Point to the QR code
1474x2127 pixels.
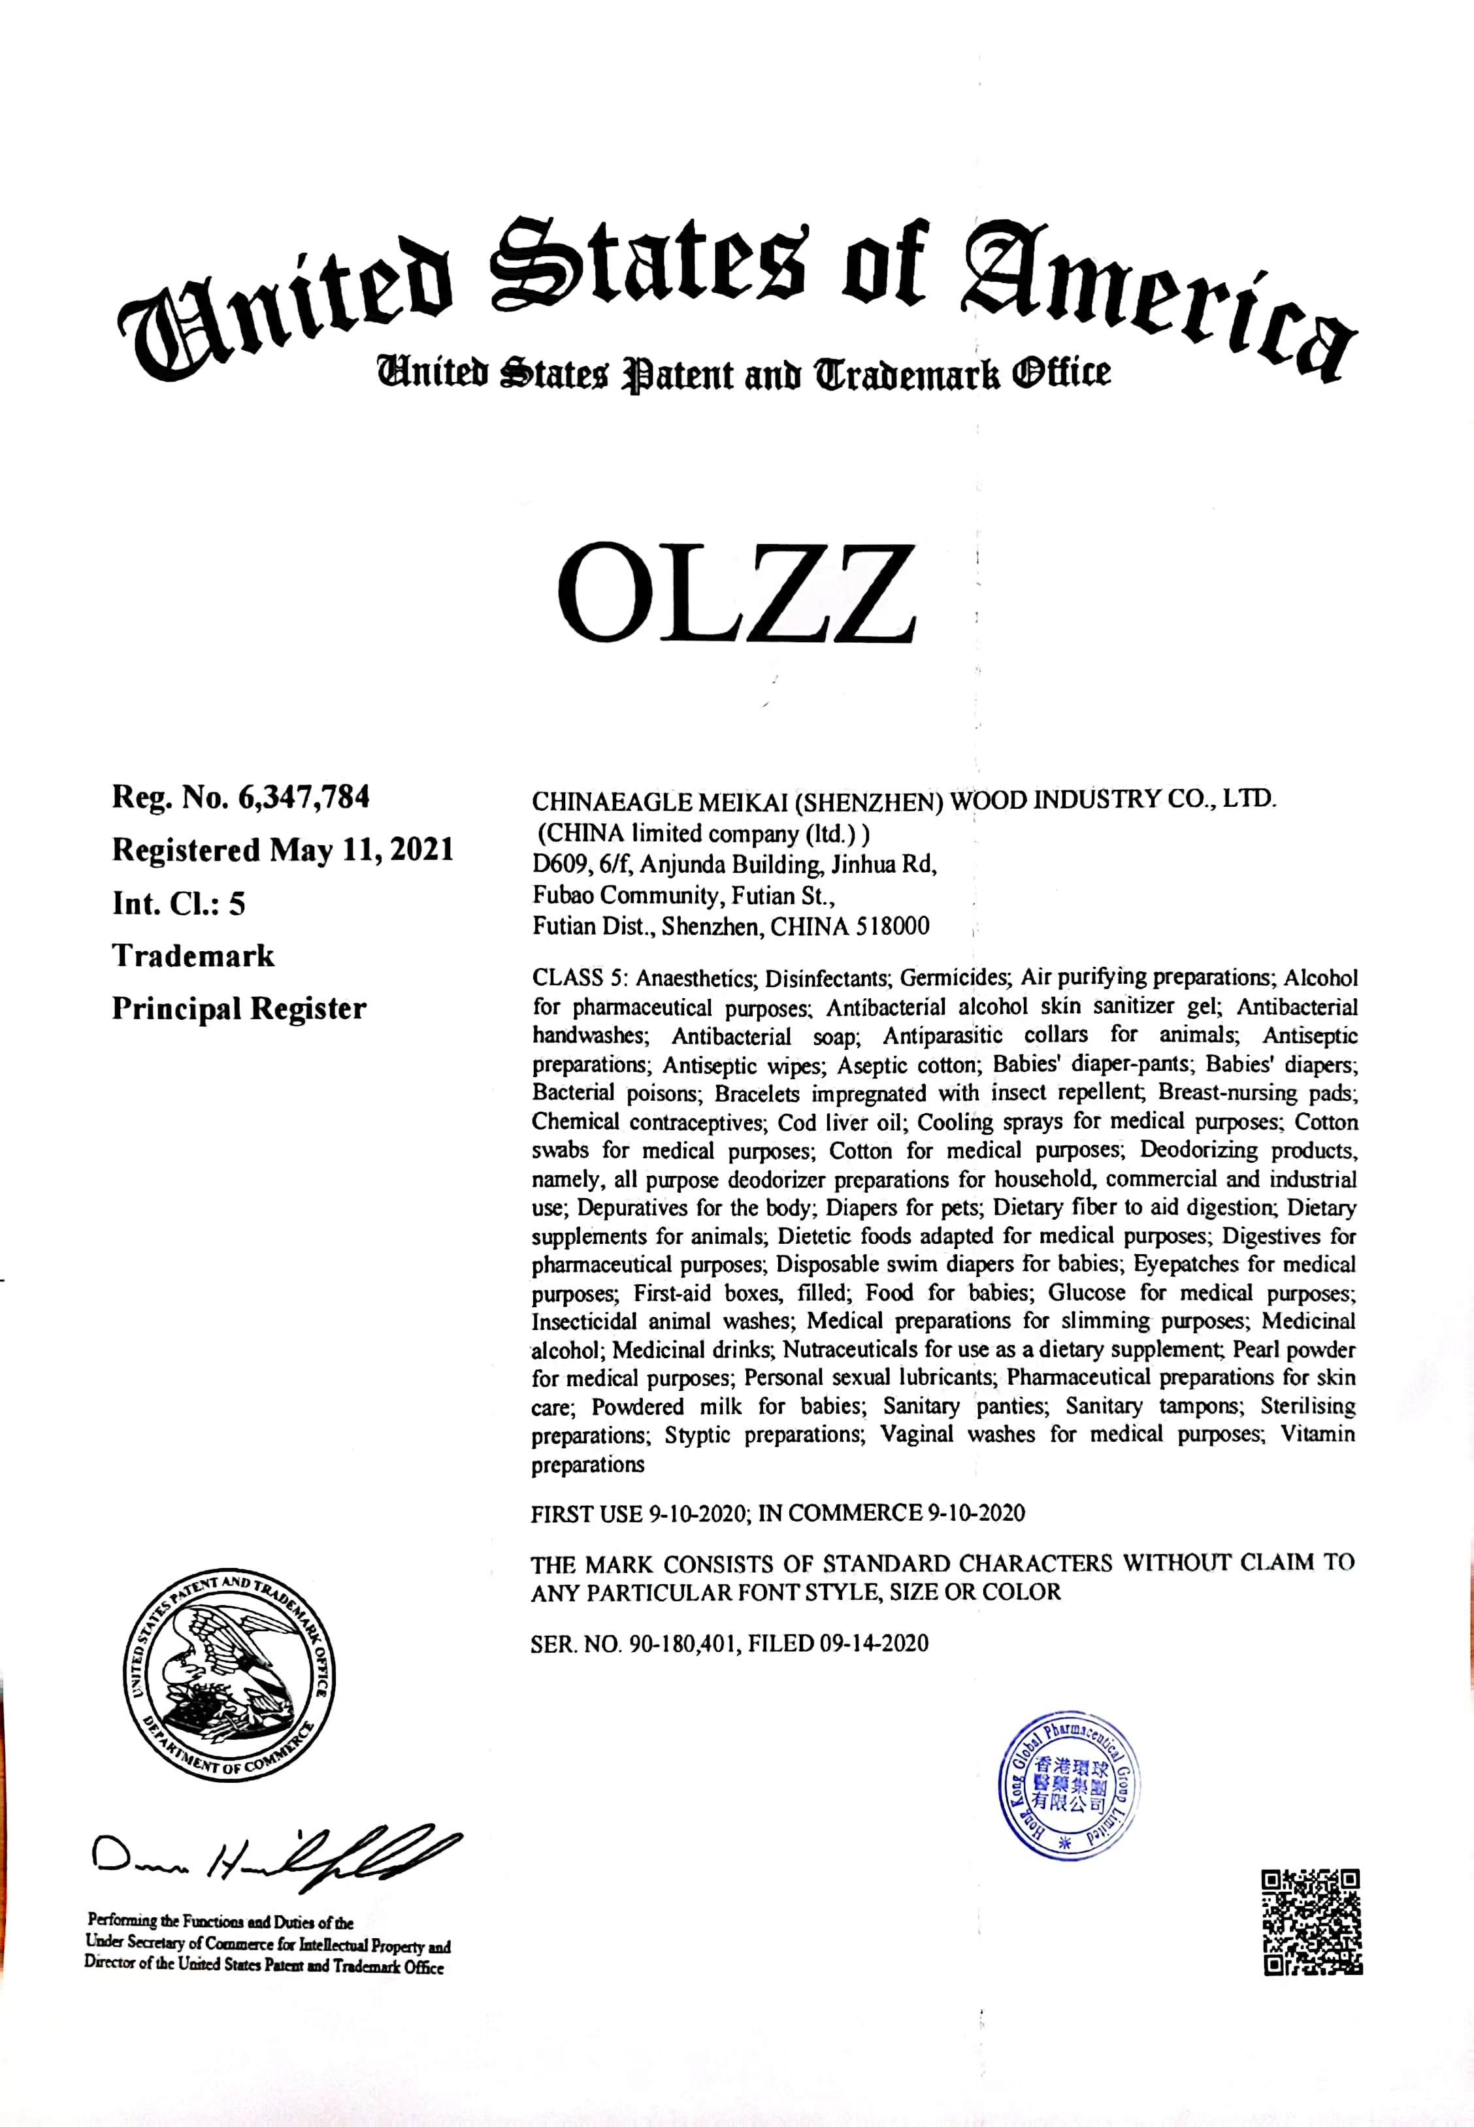coord(1311,1923)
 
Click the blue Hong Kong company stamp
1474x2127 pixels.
coord(1070,1781)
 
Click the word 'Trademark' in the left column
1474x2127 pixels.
coord(193,956)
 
